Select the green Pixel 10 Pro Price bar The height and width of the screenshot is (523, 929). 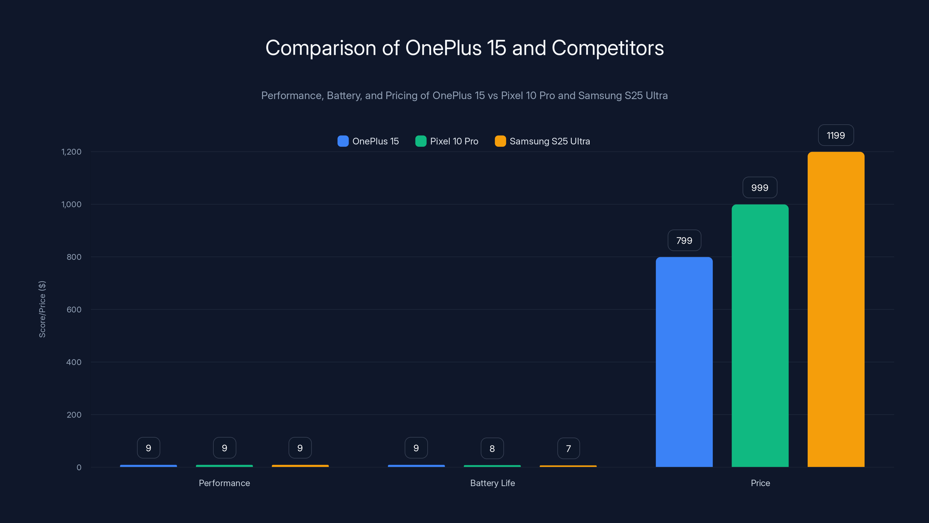pyautogui.click(x=760, y=336)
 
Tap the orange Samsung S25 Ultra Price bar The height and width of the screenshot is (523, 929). pyautogui.click(x=836, y=309)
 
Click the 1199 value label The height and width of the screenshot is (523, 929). pyautogui.click(x=836, y=135)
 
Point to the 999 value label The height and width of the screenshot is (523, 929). pyautogui.click(x=759, y=188)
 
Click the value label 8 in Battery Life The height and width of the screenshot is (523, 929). pyautogui.click(x=492, y=448)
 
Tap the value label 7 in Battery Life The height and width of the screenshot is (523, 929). pyautogui.click(x=568, y=448)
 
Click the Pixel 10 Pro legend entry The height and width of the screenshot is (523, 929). pyautogui.click(x=447, y=141)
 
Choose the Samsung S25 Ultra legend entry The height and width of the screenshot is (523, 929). pyautogui.click(x=542, y=141)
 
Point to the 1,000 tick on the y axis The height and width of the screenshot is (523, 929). pyautogui.click(x=71, y=204)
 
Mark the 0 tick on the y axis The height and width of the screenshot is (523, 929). pyautogui.click(x=79, y=468)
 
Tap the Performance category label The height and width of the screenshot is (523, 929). pyautogui.click(x=224, y=483)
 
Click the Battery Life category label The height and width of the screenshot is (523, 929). pyautogui.click(x=492, y=483)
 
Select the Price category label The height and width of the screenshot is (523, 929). pyautogui.click(x=760, y=483)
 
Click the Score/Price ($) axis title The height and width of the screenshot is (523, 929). pyautogui.click(x=42, y=309)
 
